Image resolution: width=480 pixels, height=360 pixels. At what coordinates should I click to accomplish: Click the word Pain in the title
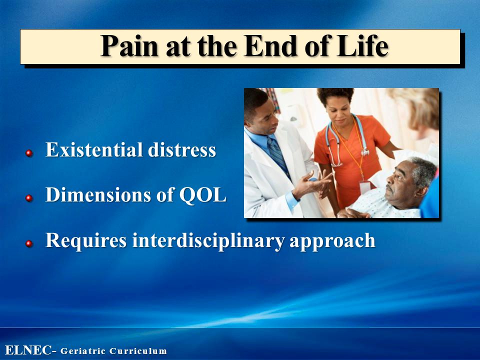tap(129, 46)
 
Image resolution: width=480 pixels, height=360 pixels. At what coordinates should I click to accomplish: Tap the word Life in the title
tap(363, 46)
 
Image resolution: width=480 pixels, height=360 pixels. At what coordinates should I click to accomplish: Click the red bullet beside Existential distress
tap(29, 153)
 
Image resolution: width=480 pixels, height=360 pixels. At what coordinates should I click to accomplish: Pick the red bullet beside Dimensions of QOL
tap(29, 198)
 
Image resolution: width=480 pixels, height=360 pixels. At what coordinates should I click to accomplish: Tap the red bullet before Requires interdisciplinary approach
tap(29, 243)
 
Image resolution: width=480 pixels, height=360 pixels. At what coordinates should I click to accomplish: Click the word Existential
tap(94, 149)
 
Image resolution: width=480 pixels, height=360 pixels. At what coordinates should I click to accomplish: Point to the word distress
tap(182, 149)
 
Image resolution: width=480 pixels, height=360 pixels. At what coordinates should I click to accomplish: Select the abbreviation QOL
tap(202, 195)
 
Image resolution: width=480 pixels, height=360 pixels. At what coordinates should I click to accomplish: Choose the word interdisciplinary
tap(208, 240)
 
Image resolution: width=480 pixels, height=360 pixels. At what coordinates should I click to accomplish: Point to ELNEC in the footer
tap(28, 350)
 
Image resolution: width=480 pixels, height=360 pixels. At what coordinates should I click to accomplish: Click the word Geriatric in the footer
tap(83, 351)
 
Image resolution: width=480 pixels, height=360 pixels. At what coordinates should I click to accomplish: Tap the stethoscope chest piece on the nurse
tap(365, 152)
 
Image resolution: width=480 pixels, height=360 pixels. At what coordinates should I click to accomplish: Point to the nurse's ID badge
tap(365, 186)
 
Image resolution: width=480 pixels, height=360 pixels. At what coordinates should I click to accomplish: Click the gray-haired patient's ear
tap(423, 191)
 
